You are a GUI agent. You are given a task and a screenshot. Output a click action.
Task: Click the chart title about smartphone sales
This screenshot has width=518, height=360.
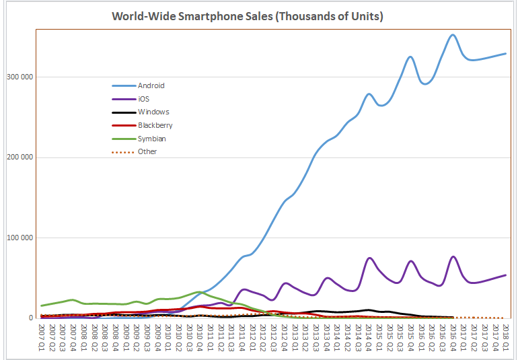[248, 16]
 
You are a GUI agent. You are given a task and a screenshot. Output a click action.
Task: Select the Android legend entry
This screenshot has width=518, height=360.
[151, 85]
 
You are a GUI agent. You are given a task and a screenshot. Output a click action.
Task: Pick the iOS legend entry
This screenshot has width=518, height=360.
[143, 99]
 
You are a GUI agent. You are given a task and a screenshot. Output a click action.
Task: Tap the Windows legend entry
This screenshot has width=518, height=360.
[153, 112]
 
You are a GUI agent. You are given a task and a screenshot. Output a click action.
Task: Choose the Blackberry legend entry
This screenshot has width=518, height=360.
[155, 125]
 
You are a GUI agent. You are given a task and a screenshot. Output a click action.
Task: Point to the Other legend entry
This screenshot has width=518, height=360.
[147, 151]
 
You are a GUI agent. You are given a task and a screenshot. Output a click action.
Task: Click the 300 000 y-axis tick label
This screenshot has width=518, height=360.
[20, 77]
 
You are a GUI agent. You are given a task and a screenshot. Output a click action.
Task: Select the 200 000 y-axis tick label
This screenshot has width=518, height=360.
[20, 157]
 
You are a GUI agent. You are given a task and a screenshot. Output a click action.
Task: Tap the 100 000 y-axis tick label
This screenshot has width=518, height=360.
[20, 238]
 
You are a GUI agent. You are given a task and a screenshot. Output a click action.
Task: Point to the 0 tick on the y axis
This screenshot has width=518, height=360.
[30, 318]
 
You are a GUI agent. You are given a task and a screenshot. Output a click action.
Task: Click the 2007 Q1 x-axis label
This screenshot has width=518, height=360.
[42, 338]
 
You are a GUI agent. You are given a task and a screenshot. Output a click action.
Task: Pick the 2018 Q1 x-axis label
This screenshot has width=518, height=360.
[506, 338]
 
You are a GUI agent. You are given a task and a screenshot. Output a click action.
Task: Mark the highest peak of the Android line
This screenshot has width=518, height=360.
[453, 34]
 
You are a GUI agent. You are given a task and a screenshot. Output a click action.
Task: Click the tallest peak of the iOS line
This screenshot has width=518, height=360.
[453, 256]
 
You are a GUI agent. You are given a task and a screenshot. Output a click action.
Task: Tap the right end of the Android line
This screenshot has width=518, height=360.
[506, 53]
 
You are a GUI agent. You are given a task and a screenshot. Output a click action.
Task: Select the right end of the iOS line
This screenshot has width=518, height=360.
[506, 275]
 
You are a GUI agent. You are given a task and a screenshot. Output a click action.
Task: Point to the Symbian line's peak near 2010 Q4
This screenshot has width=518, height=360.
[198, 292]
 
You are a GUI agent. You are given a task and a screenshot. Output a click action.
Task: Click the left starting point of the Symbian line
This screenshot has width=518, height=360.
[42, 305]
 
